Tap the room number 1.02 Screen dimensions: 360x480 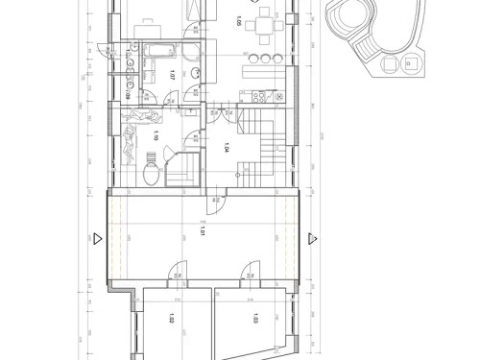(x=156, y=322)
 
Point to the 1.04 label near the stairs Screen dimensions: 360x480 (x=226, y=147)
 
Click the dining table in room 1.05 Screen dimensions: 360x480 (x=257, y=26)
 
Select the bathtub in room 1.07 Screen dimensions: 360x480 (x=158, y=50)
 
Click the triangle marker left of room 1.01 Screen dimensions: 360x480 (x=101, y=238)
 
